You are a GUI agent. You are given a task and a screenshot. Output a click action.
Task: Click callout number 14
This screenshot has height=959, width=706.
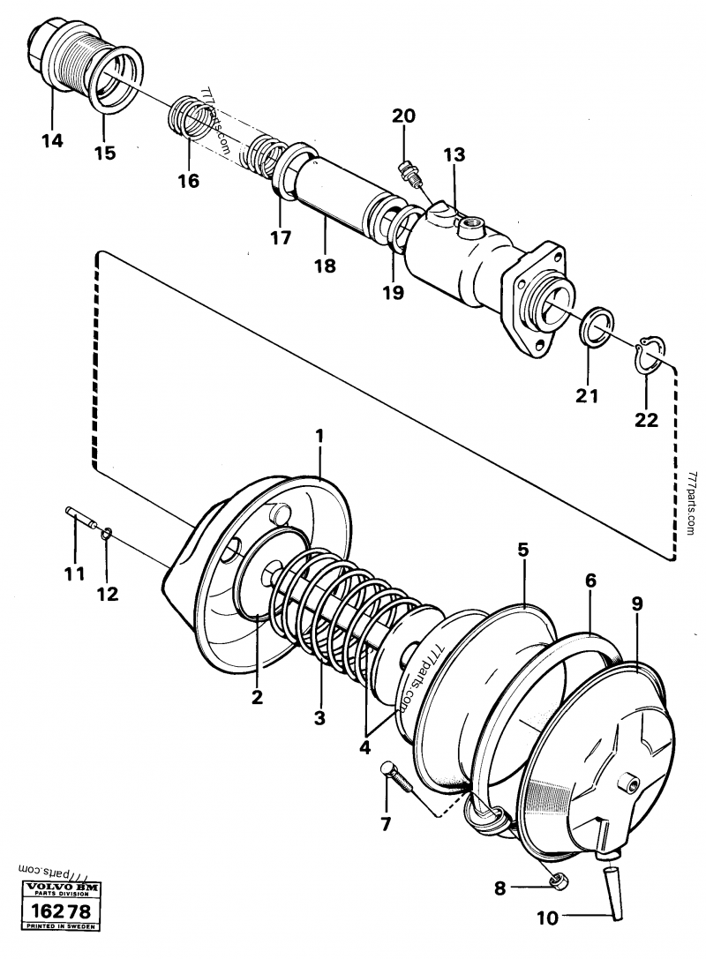click(52, 139)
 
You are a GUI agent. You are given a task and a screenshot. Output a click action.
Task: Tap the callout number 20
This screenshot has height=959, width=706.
click(402, 116)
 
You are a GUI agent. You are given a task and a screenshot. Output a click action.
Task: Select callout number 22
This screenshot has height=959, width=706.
click(646, 420)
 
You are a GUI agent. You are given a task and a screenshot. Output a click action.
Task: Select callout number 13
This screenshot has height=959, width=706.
click(454, 155)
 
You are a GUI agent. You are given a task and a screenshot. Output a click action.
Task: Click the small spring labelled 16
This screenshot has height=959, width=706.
click(196, 117)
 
